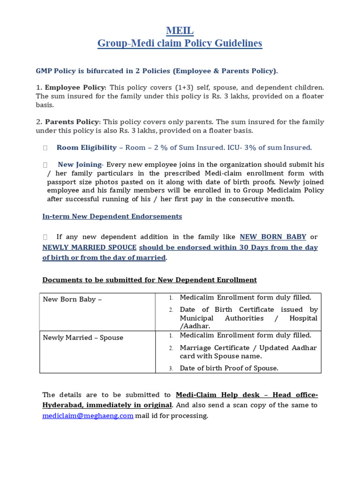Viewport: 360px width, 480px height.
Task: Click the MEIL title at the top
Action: point(180,31)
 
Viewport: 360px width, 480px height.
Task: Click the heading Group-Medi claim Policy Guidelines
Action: point(180,44)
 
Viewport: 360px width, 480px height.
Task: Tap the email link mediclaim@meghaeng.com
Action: point(88,416)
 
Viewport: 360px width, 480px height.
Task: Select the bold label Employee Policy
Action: point(75,88)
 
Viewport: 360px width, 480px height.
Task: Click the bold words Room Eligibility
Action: point(86,148)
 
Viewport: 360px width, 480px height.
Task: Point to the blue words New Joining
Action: point(79,165)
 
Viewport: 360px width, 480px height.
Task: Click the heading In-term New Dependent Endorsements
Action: point(112,217)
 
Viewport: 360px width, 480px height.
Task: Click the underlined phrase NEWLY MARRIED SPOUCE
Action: point(90,247)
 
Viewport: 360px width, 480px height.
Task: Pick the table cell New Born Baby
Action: point(72,299)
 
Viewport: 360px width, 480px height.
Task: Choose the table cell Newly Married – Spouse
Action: point(83,337)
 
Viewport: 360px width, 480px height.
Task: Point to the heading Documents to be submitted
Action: point(150,280)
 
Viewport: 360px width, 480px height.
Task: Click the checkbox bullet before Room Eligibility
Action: point(45,148)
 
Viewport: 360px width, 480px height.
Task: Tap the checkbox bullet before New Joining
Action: point(45,165)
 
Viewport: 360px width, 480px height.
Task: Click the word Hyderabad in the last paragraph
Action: point(62,405)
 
